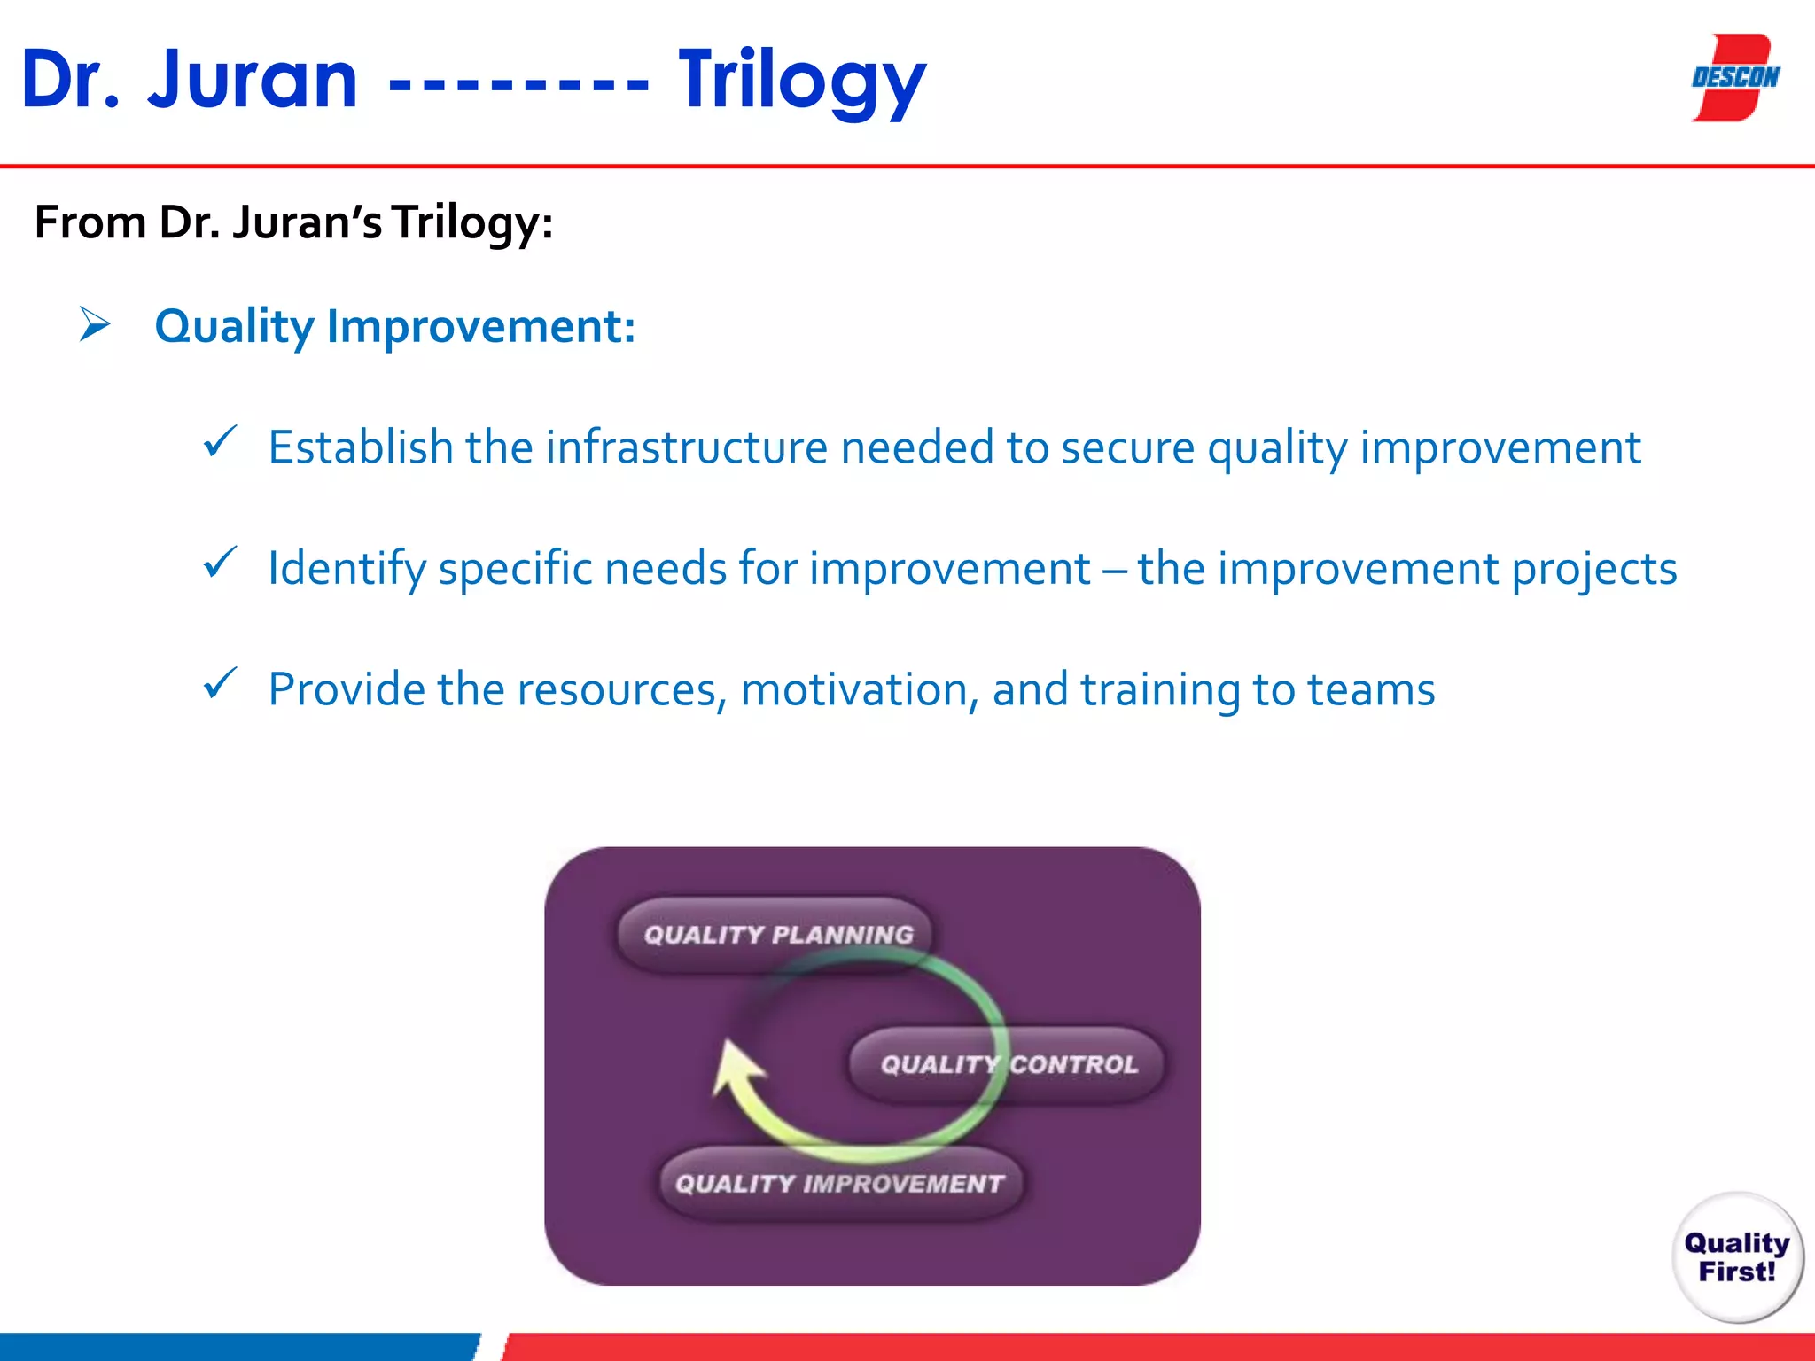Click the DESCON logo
pyautogui.click(x=1735, y=78)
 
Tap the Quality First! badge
pyautogui.click(x=1736, y=1256)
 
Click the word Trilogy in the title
pyautogui.click(x=801, y=82)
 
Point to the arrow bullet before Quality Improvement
pyautogui.click(x=94, y=324)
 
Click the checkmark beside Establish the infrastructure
pyautogui.click(x=219, y=441)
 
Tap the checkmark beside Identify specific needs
pyautogui.click(x=219, y=563)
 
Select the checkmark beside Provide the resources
pyautogui.click(x=219, y=684)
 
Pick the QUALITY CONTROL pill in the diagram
pyautogui.click(x=1007, y=1064)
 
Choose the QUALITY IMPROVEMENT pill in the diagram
pyautogui.click(x=838, y=1184)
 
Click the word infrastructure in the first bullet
pyautogui.click(x=687, y=447)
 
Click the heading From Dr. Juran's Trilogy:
pyautogui.click(x=293, y=222)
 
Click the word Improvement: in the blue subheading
pyautogui.click(x=480, y=326)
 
